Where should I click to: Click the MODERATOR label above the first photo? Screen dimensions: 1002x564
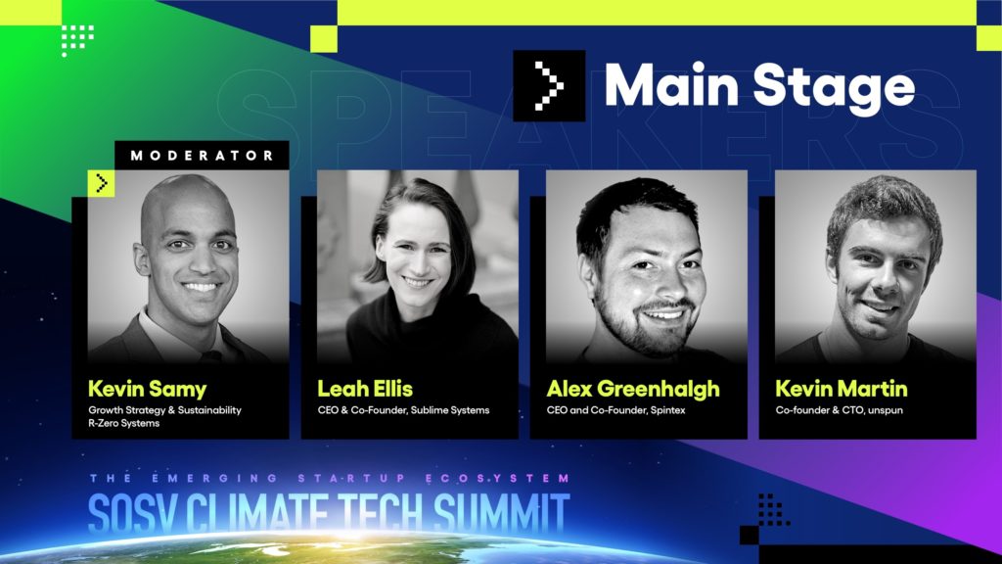point(202,156)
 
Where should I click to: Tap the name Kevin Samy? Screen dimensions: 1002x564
point(147,389)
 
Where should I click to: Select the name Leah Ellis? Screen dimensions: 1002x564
point(365,389)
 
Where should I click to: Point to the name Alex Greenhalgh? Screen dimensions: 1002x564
point(633,390)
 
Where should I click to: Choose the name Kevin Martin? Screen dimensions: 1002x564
point(841,389)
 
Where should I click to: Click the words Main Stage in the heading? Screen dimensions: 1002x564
point(759,86)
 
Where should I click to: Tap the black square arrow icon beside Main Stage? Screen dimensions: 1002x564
point(549,86)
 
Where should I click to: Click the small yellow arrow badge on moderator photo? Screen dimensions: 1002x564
point(101,183)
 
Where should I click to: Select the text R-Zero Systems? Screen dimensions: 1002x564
point(124,423)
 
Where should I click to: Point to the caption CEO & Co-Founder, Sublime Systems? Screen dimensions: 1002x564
point(403,410)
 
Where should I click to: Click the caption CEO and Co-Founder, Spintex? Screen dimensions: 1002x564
point(615,410)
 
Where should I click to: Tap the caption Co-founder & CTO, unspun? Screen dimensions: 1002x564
point(839,410)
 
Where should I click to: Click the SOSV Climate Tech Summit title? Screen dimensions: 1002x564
point(329,512)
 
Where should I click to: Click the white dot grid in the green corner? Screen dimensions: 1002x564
point(77,40)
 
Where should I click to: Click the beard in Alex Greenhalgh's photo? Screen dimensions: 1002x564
point(639,326)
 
